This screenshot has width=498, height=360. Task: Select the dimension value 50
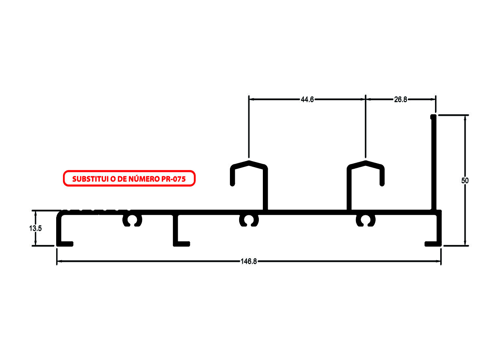tap(465, 180)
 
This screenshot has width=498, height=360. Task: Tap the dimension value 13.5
tap(35, 228)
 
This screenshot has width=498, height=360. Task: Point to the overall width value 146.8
tap(249, 261)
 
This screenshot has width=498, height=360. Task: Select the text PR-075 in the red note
tap(173, 179)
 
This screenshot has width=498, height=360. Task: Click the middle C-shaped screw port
tap(249, 220)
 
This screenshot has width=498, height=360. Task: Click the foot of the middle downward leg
tap(181, 243)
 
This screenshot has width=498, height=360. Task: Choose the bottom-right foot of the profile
tap(433, 243)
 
